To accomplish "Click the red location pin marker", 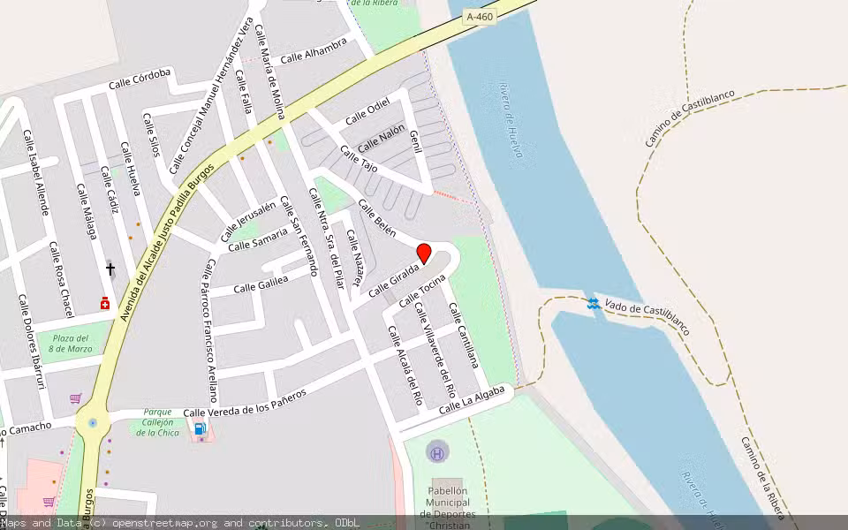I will [x=424, y=254].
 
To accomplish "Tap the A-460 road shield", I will [x=479, y=16].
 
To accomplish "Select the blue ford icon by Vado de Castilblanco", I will [x=593, y=304].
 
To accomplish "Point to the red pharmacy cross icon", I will [x=105, y=303].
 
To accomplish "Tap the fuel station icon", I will [x=201, y=429].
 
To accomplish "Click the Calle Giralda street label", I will [x=391, y=283].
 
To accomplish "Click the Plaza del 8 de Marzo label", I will [x=69, y=344].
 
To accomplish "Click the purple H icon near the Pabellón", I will [x=436, y=453].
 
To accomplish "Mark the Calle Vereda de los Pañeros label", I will [x=245, y=402].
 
